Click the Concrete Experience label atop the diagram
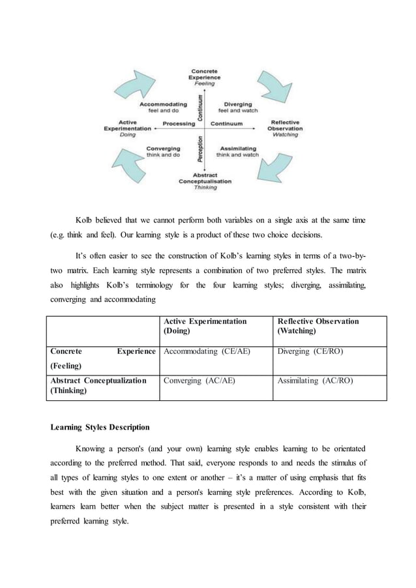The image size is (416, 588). pos(204,77)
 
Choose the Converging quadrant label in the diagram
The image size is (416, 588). pos(163,151)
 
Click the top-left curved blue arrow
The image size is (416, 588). pos(138,85)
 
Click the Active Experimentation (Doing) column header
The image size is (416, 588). pos(205,326)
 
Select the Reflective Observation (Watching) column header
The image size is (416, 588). pos(318,326)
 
